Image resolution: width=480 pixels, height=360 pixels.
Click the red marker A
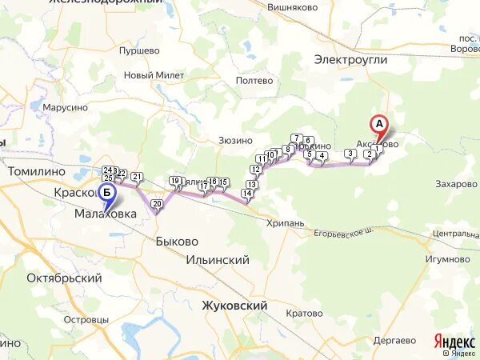379,125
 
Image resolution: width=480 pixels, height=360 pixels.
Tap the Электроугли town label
350,59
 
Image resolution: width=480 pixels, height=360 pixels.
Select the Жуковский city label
234,306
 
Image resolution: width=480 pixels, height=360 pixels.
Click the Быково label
177,241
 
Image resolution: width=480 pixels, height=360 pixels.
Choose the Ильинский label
217,260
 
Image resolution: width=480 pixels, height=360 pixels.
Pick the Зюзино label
236,141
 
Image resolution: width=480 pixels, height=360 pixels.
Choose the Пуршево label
139,50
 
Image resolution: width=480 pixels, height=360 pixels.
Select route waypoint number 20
157,205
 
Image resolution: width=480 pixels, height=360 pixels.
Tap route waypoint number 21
137,177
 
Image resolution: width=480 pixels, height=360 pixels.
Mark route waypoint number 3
350,153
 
